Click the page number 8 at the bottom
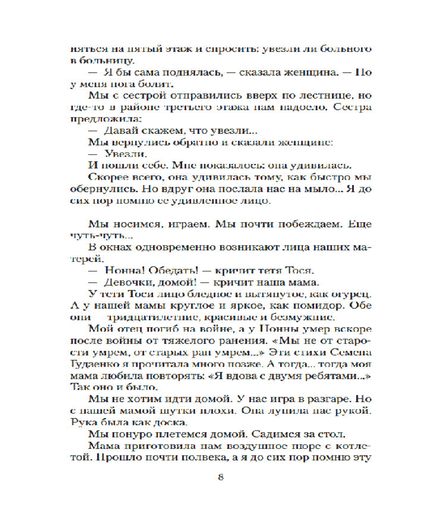tap(221, 478)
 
